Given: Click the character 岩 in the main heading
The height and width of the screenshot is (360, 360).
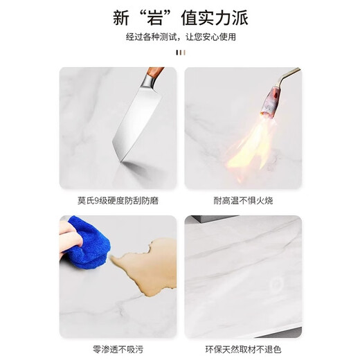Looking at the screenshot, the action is click(155, 18).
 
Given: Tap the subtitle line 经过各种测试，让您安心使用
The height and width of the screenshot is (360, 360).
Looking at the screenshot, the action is click(181, 37).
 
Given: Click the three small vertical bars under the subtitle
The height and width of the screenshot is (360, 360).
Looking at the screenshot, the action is click(181, 53).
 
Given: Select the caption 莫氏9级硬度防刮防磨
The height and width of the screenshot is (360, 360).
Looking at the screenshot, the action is click(118, 200).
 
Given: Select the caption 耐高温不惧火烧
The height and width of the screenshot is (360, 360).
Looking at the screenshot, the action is click(243, 200).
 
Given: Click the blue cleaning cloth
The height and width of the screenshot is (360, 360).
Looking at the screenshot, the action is click(88, 244).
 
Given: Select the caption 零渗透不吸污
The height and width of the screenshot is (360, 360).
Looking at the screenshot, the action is click(118, 350).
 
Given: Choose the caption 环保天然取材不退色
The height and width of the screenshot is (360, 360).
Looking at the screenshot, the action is click(243, 350).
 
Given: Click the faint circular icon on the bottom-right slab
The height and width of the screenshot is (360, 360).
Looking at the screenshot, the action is click(276, 284).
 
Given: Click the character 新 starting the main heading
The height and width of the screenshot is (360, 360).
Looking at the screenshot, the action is click(121, 18).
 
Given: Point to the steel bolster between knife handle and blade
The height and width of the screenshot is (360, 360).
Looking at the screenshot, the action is click(150, 82).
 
